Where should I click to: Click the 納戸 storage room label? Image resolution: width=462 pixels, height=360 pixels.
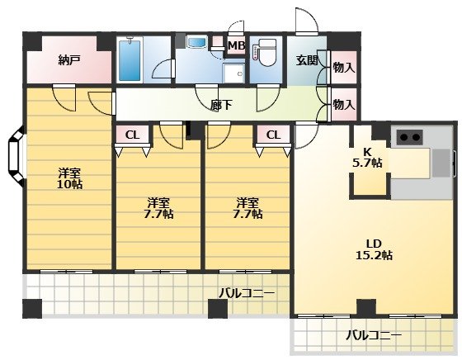[69, 60]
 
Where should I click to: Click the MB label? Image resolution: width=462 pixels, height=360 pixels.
[236, 45]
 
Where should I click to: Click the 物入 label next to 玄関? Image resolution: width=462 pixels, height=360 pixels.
[344, 68]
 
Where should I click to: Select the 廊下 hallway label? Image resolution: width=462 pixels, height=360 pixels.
[220, 106]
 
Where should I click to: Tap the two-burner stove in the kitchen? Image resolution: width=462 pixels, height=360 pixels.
[409, 136]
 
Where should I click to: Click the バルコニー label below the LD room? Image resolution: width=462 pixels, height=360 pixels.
[373, 336]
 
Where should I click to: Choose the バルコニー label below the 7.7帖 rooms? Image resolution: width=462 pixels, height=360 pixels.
[247, 292]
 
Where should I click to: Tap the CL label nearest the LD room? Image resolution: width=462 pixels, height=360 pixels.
[272, 135]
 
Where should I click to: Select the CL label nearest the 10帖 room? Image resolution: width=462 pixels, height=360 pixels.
[132, 135]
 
